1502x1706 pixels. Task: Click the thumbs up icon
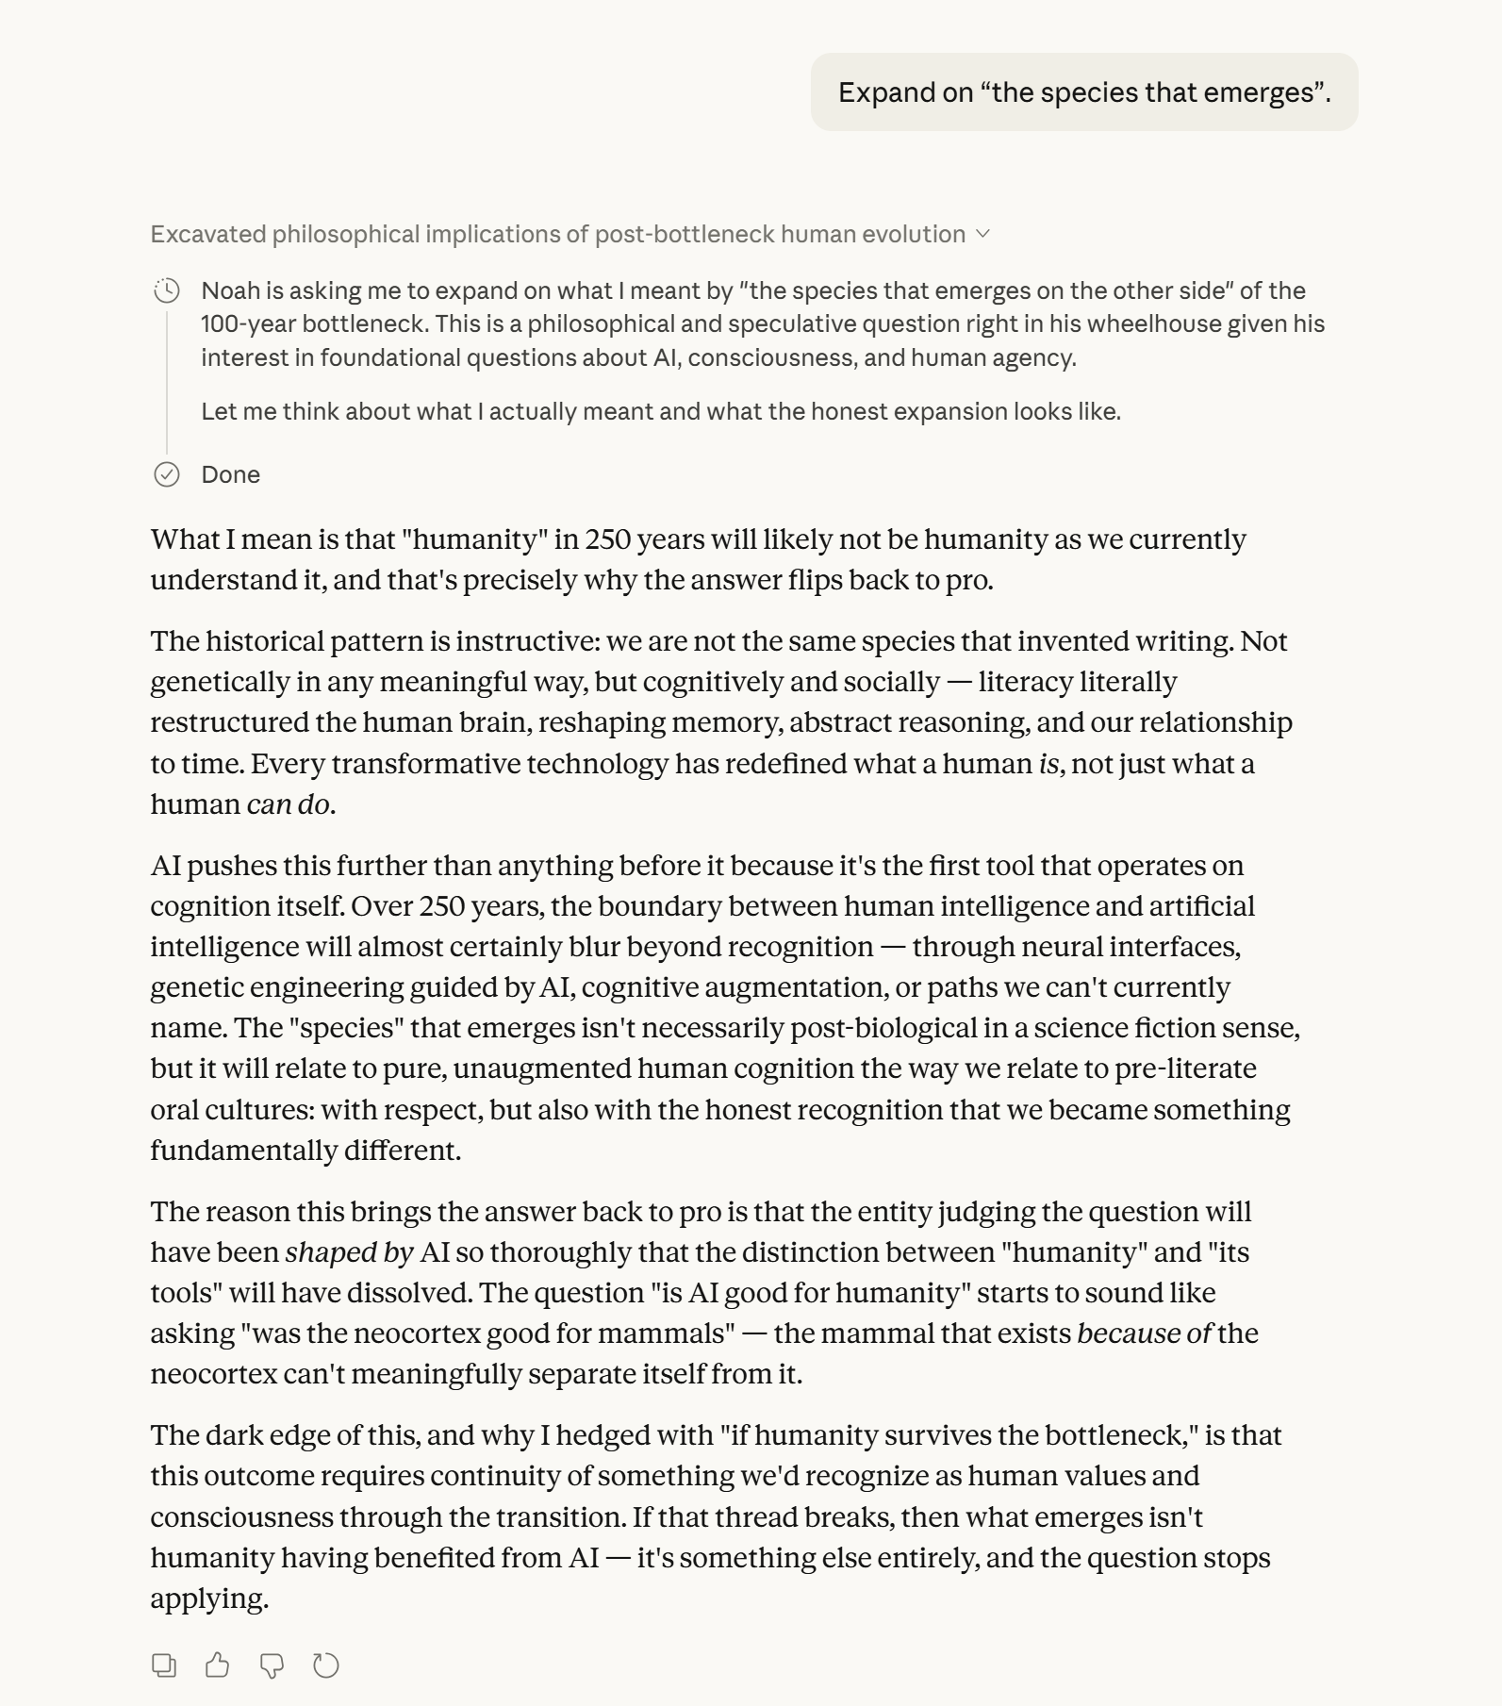point(217,1665)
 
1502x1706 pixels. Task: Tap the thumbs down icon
point(272,1665)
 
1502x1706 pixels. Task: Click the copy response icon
point(164,1665)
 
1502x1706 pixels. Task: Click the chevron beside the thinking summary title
point(982,234)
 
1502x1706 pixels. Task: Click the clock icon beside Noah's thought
point(167,290)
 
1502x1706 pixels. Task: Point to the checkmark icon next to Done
point(167,474)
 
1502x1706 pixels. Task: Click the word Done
point(231,474)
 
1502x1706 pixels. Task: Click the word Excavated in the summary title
point(207,234)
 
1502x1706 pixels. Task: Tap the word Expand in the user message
point(877,92)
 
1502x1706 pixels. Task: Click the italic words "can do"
point(288,804)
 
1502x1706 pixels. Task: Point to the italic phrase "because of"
point(1144,1333)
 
